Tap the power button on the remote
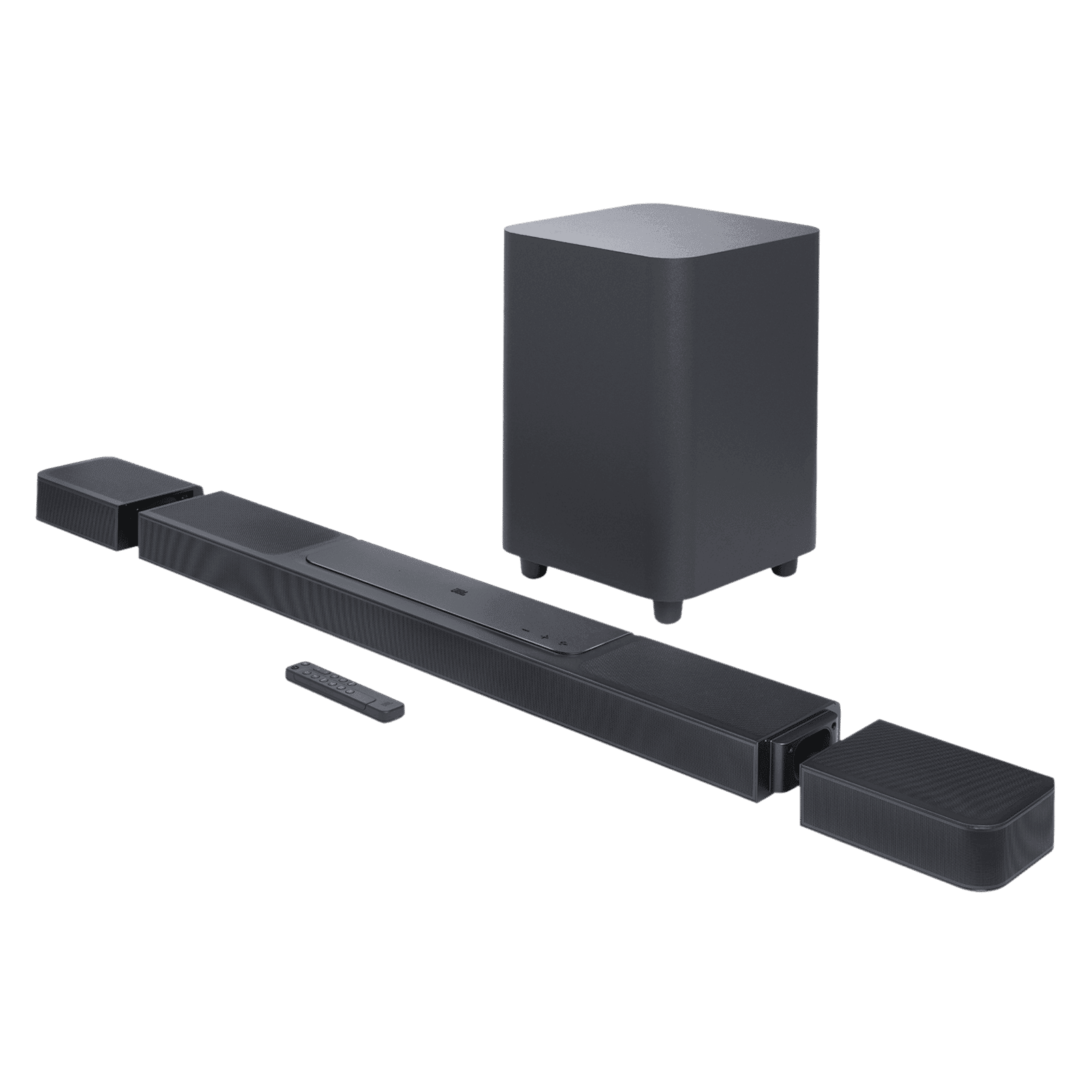tap(293, 674)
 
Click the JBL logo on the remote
tap(391, 703)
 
